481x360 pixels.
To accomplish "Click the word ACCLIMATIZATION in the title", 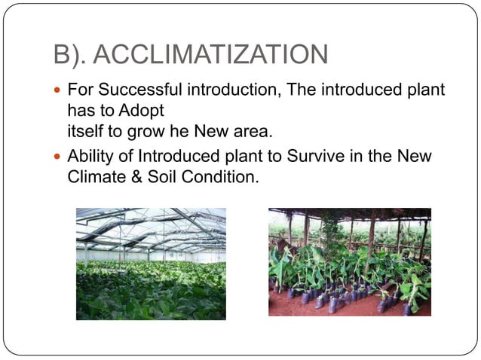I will pyautogui.click(x=214, y=55).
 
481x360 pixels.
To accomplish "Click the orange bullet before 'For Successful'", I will pyautogui.click(x=60, y=91).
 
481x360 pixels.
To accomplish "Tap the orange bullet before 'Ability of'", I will pyautogui.click(x=60, y=158).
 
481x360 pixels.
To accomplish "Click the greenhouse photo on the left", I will pyautogui.click(x=151, y=264).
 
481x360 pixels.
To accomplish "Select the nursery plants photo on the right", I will pyautogui.click(x=350, y=261).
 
